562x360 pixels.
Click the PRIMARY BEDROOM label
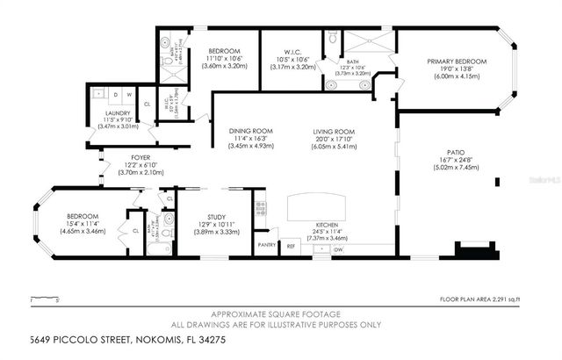pos(457,61)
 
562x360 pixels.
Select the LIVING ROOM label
pos(338,132)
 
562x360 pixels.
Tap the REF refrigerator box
pos(292,247)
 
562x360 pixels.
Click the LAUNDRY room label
pos(118,112)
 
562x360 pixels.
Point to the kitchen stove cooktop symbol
pos(260,208)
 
